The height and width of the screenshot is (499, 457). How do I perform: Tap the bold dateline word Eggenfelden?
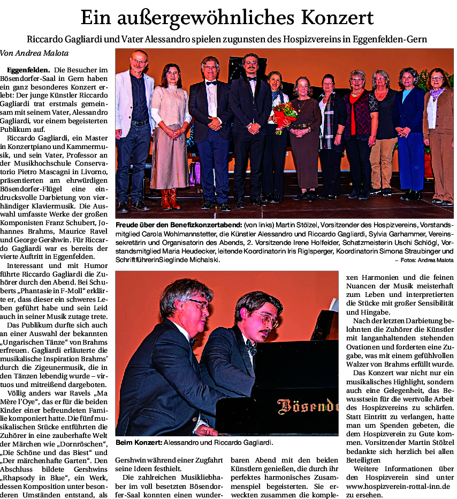(x=28, y=70)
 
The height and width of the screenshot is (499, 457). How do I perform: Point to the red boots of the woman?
(x=170, y=199)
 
